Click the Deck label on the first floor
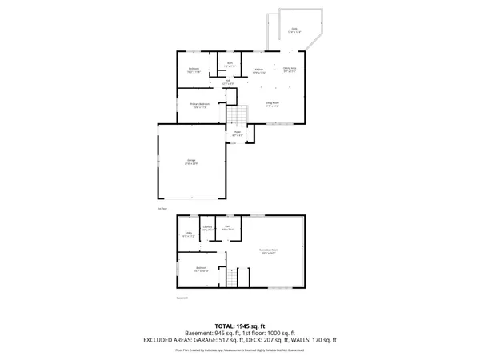tap(294, 30)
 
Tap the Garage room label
tap(192, 162)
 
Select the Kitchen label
tap(259, 70)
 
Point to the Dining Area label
tap(290, 70)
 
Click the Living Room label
tap(272, 103)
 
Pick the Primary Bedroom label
tap(199, 105)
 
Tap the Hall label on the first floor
tap(227, 81)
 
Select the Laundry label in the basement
tap(207, 229)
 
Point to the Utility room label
tap(189, 234)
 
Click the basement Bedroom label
tap(201, 269)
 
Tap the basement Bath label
tap(227, 228)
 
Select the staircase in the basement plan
tap(232, 278)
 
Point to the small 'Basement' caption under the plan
tap(182, 299)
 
